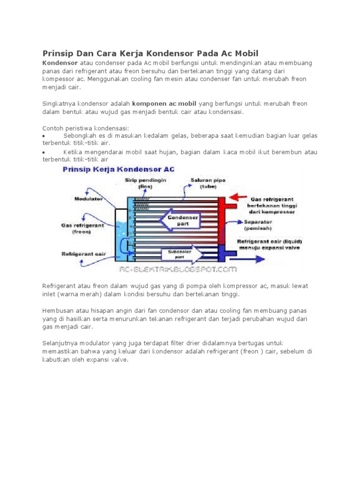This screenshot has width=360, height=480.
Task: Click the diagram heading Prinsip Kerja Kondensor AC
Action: tap(119, 169)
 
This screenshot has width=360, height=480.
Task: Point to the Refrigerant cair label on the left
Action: tap(84, 254)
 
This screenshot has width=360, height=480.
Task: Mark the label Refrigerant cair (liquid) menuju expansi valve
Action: tap(268, 244)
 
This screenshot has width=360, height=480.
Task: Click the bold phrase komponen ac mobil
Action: tap(165, 104)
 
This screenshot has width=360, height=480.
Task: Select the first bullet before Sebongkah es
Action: tap(44, 136)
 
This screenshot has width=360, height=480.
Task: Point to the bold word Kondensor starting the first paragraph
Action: tap(60, 63)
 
